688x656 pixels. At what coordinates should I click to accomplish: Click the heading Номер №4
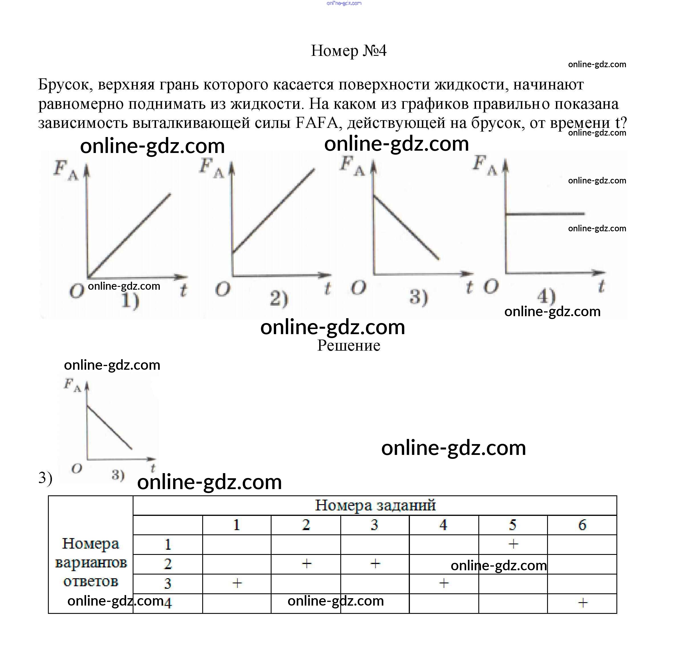[x=348, y=51]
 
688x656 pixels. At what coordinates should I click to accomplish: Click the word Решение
[x=348, y=346]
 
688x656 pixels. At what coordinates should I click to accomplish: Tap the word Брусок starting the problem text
[x=65, y=85]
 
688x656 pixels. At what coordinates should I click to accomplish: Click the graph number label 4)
[x=546, y=296]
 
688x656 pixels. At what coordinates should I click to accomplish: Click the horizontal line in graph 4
[x=545, y=213]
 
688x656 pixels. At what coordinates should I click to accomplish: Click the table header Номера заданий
[x=375, y=505]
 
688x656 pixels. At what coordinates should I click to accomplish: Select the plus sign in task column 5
[x=513, y=544]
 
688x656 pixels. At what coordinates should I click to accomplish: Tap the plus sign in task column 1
[x=237, y=583]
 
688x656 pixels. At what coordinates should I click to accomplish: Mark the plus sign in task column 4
[x=444, y=583]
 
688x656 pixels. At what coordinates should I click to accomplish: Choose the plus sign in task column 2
[x=306, y=563]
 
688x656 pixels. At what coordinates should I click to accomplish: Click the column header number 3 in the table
[x=374, y=524]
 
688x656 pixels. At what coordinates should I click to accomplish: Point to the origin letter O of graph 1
[x=77, y=291]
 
